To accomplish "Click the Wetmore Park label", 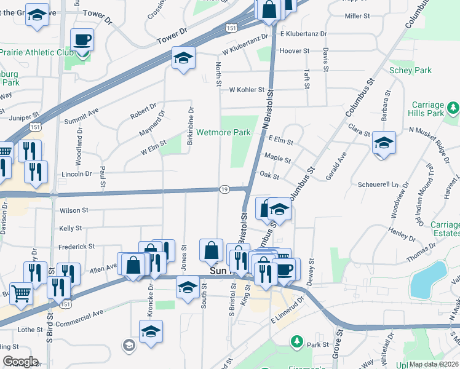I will pos(223,132).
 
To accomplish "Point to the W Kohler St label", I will pos(246,90).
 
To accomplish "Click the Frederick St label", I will pos(77,246).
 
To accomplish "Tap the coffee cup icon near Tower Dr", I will pos(82,41).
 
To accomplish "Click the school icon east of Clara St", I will pos(384,143).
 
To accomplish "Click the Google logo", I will pos(20,362).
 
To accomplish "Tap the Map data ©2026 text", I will pos(433,364).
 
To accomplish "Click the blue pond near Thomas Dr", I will pos(429,279).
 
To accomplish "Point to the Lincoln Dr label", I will pos(76,174).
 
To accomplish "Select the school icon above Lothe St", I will pos(151,331).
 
